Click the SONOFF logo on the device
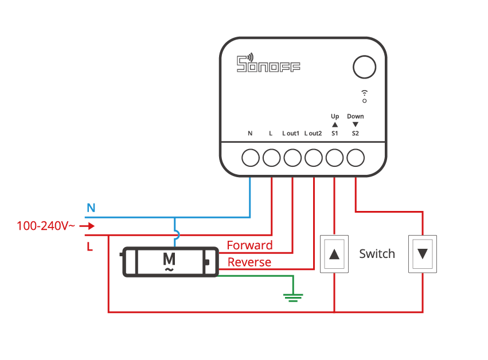268,63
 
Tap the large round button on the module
365,67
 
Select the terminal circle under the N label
251,158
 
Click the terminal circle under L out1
292,158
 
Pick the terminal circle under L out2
314,158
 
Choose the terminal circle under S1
334,158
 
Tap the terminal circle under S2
356,158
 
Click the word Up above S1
335,116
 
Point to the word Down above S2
356,116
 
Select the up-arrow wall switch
334,254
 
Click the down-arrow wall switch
423,254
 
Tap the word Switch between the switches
377,254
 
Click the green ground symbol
293,298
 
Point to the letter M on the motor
169,259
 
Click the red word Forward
249,245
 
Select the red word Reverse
249,262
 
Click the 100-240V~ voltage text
46,226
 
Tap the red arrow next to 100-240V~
87,226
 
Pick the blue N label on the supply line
91,208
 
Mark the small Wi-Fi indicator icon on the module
365,96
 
